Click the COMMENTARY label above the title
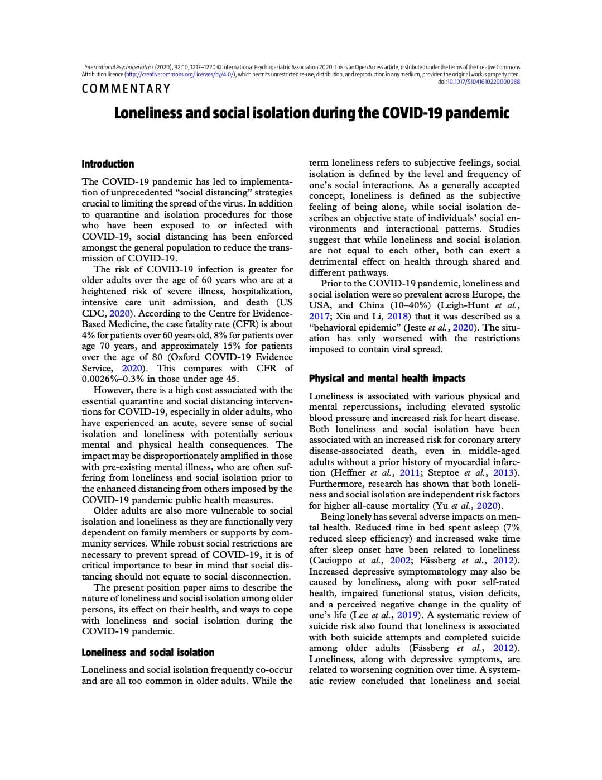(x=126, y=89)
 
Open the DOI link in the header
(x=484, y=82)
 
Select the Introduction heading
(x=108, y=164)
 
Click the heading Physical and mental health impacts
(x=387, y=379)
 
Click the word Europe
(x=487, y=294)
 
